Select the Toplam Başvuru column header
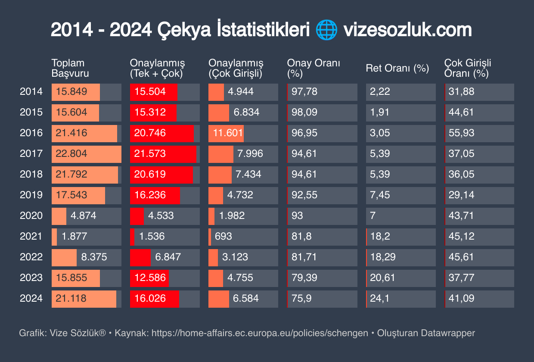click(x=70, y=68)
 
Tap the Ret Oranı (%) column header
click(x=397, y=68)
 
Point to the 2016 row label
click(x=31, y=133)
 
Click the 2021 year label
click(x=31, y=236)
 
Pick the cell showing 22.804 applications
click(x=71, y=153)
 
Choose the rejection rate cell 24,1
click(x=380, y=298)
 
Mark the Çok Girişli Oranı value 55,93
click(x=461, y=133)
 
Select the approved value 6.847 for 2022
click(x=168, y=257)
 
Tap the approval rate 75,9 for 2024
click(x=301, y=298)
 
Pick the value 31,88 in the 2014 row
click(x=461, y=91)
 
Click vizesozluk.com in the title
click(x=407, y=31)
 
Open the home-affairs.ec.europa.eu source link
click(x=260, y=333)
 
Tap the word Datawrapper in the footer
click(x=448, y=333)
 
